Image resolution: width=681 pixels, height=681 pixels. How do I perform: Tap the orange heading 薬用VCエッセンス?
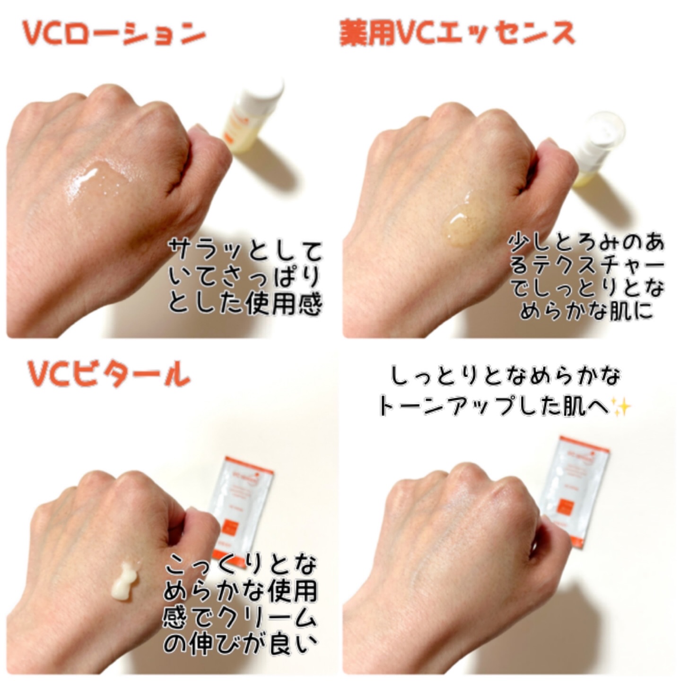click(457, 34)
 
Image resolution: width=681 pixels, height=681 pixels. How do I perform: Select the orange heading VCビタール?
click(109, 374)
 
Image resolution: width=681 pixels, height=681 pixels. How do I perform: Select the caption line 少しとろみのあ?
click(586, 242)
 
